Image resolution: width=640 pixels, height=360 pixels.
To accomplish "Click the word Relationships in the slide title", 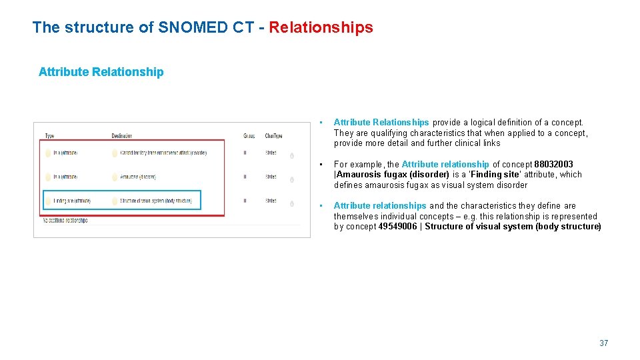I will (x=321, y=27).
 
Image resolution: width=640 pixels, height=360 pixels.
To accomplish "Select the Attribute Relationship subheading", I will (x=101, y=72).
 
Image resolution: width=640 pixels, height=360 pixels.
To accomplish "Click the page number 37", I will (x=603, y=343).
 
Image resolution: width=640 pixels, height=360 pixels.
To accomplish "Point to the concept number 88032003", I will (x=553, y=165).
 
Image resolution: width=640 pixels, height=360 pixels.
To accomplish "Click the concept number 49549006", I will (x=397, y=227).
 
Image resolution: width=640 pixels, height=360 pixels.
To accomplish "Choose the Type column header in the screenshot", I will (x=50, y=136).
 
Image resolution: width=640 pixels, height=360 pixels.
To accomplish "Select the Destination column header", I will (x=122, y=136).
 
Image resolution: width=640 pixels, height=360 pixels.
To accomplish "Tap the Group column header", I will (x=249, y=136).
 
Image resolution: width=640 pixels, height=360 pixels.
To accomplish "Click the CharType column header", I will (x=273, y=136).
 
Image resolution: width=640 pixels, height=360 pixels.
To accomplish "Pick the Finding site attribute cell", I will (x=71, y=201).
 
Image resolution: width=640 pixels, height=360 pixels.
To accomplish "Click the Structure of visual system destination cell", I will (x=155, y=201).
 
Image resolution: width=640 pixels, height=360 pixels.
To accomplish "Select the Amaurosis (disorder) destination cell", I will (x=138, y=177).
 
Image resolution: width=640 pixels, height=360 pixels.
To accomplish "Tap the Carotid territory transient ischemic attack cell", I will (x=163, y=153).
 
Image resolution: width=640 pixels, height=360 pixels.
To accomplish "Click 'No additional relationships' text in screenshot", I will (x=65, y=220).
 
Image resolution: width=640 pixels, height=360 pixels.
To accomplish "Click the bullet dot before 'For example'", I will (x=321, y=165).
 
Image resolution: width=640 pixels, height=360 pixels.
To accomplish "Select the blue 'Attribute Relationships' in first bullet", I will (x=381, y=123).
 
